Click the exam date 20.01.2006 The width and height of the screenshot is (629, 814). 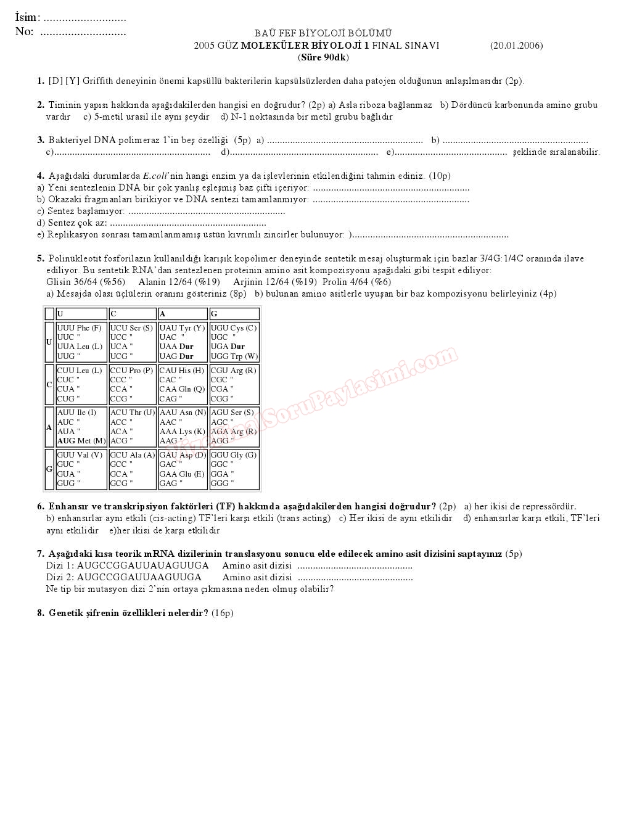click(516, 46)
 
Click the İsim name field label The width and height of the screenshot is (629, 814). click(27, 17)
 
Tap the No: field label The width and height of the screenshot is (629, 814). click(25, 31)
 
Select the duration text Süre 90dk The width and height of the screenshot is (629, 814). click(324, 57)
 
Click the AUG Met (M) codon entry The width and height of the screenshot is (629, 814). click(81, 441)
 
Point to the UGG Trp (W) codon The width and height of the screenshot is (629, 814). click(234, 356)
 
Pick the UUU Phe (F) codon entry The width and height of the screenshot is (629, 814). click(79, 328)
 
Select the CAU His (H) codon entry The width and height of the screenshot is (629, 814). click(181, 371)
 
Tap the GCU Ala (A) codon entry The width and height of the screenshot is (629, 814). click(132, 455)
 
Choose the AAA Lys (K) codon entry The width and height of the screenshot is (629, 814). click(182, 432)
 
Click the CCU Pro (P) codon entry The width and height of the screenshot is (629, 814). click(131, 371)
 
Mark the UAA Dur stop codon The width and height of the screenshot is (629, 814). click(176, 347)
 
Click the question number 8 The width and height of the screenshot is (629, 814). click(40, 613)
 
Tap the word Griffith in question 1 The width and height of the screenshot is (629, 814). click(97, 81)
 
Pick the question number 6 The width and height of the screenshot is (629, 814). click(40, 506)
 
